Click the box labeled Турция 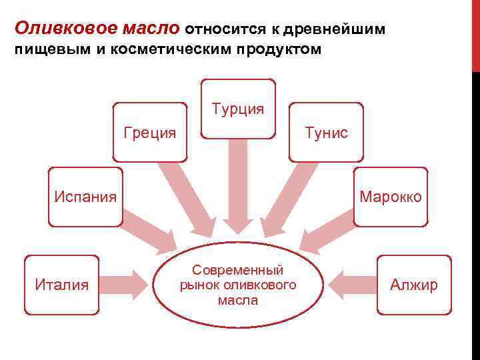click(x=238, y=109)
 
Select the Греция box click(x=150, y=132)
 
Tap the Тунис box click(x=326, y=132)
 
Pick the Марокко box click(x=391, y=197)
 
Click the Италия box click(x=61, y=285)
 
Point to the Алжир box click(x=414, y=285)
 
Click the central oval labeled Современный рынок click(x=238, y=285)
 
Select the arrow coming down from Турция click(x=238, y=187)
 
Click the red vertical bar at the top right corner click(x=476, y=33)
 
